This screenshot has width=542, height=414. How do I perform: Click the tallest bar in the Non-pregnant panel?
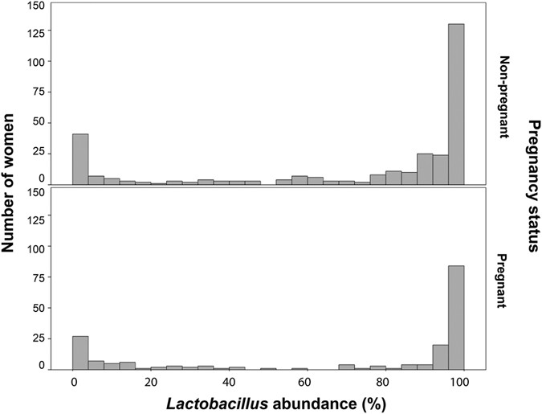click(x=456, y=104)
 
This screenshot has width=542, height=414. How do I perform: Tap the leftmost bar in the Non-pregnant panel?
click(x=80, y=159)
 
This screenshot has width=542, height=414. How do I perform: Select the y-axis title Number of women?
click(x=11, y=186)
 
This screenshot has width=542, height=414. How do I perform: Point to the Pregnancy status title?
click(x=530, y=186)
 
